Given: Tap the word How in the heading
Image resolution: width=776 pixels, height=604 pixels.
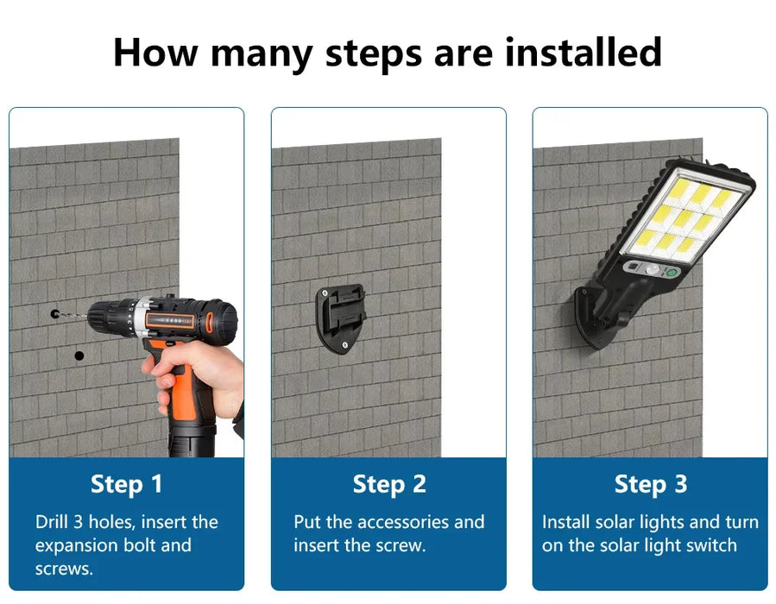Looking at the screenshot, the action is tap(155, 53).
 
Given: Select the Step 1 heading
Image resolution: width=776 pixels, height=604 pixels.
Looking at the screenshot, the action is tap(126, 484).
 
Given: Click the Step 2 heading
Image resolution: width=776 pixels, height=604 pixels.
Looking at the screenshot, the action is tap(389, 484).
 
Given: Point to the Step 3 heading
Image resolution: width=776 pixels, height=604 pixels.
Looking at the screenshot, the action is tap(650, 484).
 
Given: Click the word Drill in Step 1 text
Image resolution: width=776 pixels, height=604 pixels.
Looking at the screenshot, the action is tap(52, 522).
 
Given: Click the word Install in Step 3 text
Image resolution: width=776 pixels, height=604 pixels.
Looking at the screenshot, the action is tap(565, 522).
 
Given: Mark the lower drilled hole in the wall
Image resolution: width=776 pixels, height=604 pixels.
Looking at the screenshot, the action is tap(79, 355).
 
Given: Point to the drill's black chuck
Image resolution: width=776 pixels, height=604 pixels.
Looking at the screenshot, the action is tap(105, 317).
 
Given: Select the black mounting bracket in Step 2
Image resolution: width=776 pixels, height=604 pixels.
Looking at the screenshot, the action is tap(342, 318).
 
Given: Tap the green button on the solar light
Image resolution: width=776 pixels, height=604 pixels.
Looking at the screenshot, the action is tap(672, 273).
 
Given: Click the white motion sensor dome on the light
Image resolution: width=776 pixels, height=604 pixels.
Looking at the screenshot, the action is tap(653, 269).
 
